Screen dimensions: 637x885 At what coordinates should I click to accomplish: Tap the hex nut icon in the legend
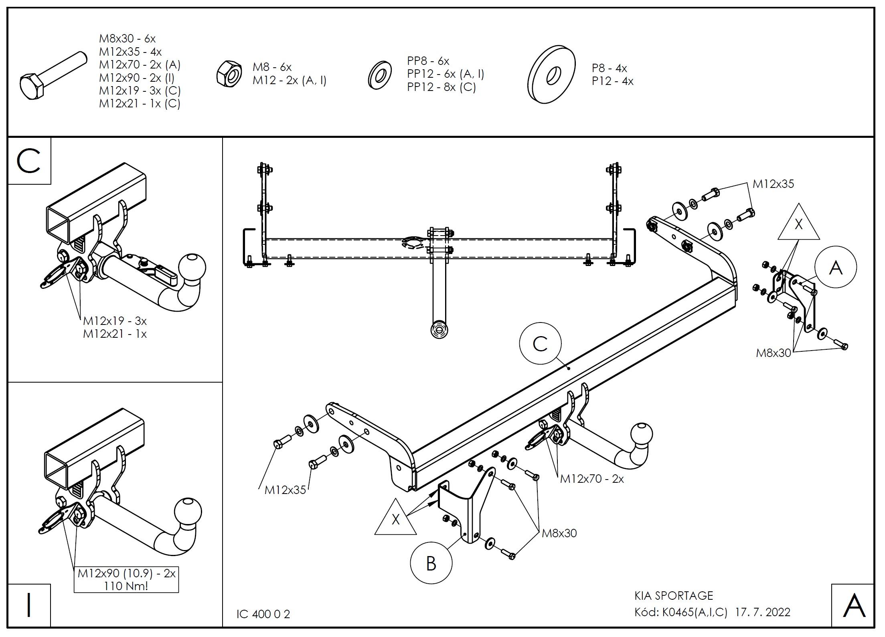tap(229, 73)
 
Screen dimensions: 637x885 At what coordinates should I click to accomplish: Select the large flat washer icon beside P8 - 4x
tap(551, 74)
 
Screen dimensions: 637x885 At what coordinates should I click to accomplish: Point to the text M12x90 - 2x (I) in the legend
tap(137, 77)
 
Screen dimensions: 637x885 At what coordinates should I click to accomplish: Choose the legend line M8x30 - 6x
tap(127, 39)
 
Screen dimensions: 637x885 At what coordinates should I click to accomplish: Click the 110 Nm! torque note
tap(126, 586)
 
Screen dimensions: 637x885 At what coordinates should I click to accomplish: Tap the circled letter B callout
tap(431, 563)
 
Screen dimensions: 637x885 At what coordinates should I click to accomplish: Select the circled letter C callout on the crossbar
tap(540, 344)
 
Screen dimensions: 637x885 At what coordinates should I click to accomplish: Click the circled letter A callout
tap(836, 267)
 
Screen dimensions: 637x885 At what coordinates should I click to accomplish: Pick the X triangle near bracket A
tap(798, 225)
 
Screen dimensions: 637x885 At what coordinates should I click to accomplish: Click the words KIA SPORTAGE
tap(674, 596)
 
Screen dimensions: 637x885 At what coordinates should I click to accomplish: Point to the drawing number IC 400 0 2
tap(263, 614)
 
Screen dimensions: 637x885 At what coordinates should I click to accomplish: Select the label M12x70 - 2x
tap(592, 479)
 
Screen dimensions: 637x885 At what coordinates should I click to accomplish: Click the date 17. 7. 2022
tap(763, 612)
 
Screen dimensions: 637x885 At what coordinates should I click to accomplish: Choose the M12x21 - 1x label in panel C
tap(115, 334)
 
